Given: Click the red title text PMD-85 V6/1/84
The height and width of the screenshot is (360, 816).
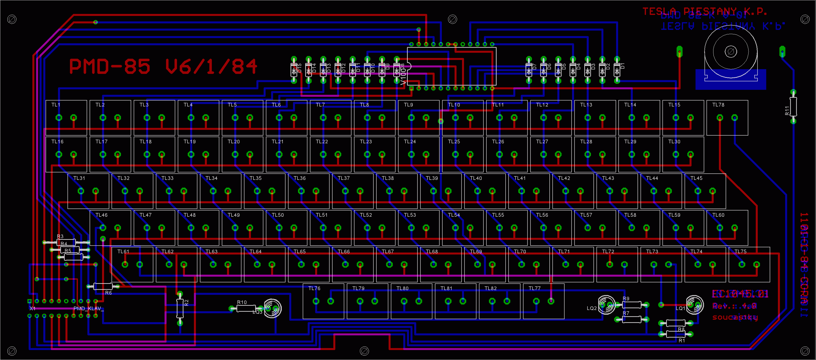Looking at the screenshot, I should coord(163,66).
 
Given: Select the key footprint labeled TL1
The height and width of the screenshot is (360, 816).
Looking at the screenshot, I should coord(66,117).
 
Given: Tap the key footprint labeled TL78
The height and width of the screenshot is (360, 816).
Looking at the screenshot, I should coord(727,117).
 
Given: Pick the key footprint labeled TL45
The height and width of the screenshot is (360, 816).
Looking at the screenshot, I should coord(705,191).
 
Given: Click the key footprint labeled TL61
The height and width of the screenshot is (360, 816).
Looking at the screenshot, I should coord(132,264).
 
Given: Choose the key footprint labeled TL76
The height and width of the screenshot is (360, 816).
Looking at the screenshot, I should coord(323,301).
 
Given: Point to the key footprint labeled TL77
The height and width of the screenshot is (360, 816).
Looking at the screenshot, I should coord(544,301).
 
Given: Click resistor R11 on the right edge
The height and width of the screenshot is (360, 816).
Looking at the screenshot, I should coord(793,107).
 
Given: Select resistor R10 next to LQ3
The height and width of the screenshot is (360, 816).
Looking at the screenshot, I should coord(246,308).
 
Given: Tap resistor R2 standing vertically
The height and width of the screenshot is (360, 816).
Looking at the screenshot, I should coord(180,309).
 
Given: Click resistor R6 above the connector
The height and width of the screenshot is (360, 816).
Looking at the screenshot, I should coord(103,287).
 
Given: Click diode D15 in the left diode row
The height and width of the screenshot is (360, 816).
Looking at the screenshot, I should coord(294,70).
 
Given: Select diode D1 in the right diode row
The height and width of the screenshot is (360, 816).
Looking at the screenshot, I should coord(617,70).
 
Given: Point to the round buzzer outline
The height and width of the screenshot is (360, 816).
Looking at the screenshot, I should coord(731,51).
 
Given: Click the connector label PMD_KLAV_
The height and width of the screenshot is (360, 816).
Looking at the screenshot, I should coord(88,309).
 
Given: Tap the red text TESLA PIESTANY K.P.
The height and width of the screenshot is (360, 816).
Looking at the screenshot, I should coord(704,12).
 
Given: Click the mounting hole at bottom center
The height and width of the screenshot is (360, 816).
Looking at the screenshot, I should coord(364,351).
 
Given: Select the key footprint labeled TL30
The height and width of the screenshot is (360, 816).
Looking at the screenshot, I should coord(683,154).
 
